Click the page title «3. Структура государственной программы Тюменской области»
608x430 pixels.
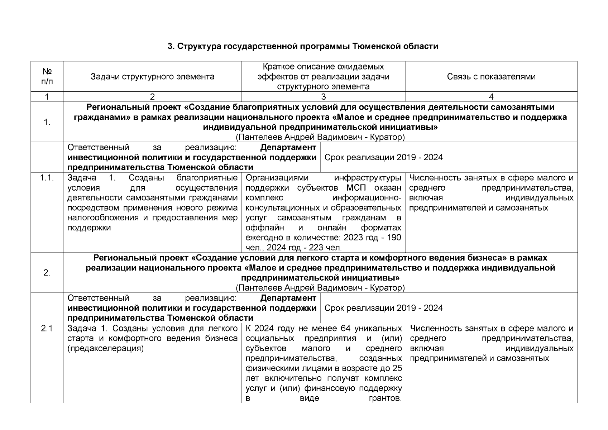[303, 47]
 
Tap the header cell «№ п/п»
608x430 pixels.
[47, 76]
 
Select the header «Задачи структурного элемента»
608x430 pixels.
[152, 76]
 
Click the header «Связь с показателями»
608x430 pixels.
[491, 76]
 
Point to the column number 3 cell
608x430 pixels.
[323, 97]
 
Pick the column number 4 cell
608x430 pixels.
[491, 97]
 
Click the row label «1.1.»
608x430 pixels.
[47, 178]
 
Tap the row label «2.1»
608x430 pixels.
[47, 329]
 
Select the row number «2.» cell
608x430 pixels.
[47, 273]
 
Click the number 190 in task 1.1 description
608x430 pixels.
[394, 238]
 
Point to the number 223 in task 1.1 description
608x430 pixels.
[313, 248]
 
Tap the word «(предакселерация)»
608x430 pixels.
[105, 349]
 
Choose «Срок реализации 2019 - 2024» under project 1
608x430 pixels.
[383, 158]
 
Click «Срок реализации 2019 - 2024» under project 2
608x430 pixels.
[383, 308]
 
